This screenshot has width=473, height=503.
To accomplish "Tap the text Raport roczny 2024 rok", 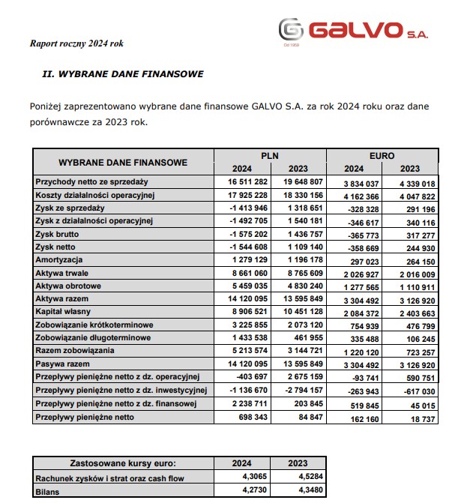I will (x=76, y=43).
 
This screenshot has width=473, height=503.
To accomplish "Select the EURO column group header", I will (x=382, y=156).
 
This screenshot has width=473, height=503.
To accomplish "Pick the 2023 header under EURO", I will (x=410, y=169).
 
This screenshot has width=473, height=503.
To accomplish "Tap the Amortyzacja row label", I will (x=61, y=260).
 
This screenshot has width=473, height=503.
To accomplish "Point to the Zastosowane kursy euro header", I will (x=122, y=463).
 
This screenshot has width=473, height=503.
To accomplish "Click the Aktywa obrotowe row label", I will (x=69, y=286).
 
